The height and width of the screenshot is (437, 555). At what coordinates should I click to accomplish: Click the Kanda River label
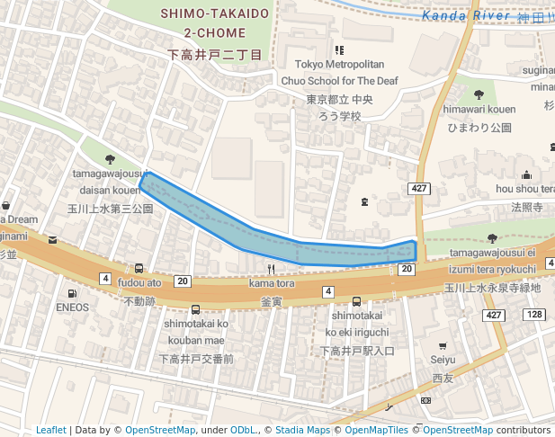coord(467,15)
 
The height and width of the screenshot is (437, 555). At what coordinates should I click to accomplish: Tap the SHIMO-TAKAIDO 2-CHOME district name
coord(215,23)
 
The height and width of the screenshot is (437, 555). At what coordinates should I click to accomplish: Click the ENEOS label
coord(72,307)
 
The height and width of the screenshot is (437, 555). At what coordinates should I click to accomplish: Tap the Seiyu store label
coord(443,360)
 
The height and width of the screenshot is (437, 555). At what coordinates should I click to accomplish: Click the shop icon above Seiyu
coord(443,345)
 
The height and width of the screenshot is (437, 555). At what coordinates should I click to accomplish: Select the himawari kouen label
coord(477,109)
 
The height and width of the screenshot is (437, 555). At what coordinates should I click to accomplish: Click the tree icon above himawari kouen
coord(477,94)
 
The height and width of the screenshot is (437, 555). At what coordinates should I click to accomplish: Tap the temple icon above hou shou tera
coord(526,174)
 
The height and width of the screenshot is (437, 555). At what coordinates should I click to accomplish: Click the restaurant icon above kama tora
coord(271,269)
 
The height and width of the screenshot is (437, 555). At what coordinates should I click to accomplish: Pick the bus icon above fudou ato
coord(139,268)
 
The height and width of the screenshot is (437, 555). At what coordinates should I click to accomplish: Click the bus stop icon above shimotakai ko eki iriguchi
coord(357,301)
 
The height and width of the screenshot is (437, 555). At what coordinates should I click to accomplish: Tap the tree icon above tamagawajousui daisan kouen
coord(110,158)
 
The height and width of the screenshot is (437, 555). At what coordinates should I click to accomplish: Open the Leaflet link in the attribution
coord(50,430)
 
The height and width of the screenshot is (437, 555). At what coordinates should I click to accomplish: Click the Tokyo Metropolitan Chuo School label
coord(339,73)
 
